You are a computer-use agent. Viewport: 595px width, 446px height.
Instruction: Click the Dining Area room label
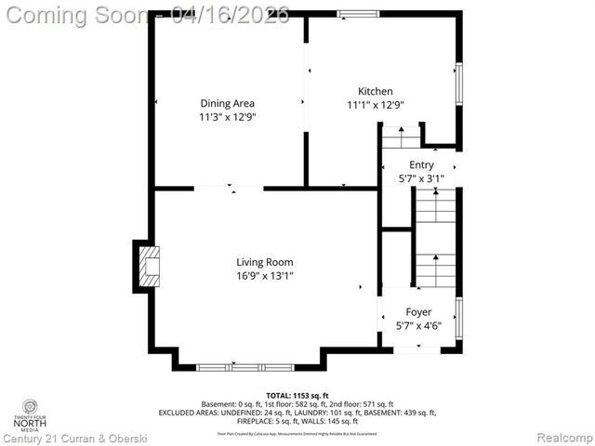pos(227,103)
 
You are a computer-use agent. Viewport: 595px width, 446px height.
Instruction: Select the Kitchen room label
pos(376,91)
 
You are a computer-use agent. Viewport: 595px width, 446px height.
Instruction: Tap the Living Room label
pos(265,262)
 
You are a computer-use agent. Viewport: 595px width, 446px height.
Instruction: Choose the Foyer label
pos(418,312)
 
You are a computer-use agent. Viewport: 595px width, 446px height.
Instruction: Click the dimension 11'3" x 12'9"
pos(227,117)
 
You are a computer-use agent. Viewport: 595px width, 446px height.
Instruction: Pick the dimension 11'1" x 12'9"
pos(376,105)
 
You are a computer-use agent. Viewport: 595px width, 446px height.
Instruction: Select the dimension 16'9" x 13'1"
pos(265,276)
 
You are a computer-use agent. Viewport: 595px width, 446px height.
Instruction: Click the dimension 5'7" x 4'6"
pos(418,326)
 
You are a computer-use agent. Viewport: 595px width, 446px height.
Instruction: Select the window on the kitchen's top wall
pos(351,14)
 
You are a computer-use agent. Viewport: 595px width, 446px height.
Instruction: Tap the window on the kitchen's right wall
pos(457,85)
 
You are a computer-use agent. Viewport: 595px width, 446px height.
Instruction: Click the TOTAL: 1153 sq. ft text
pos(297,395)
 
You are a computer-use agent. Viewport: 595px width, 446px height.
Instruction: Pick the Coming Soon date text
pos(146,15)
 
